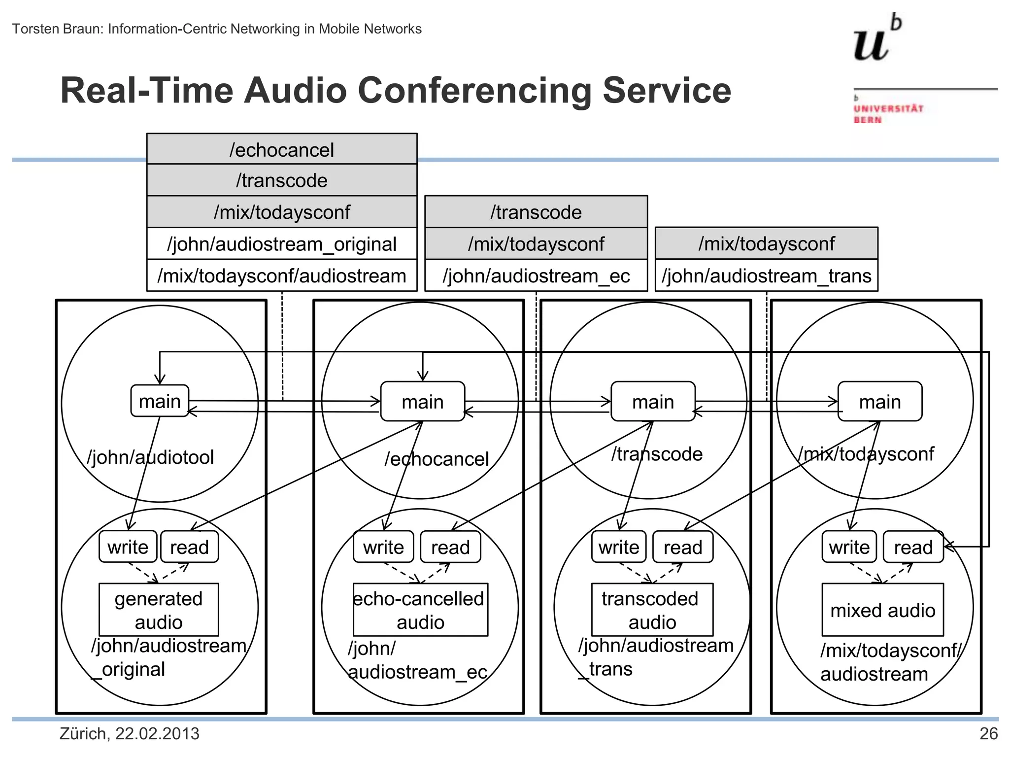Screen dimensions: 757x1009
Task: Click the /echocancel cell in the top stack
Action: pyautogui.click(x=282, y=149)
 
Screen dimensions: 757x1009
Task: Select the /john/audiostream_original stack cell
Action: pyautogui.click(x=282, y=244)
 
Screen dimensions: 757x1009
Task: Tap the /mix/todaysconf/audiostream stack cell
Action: pyautogui.click(x=282, y=276)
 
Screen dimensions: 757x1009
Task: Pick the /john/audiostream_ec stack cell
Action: pyautogui.click(x=536, y=276)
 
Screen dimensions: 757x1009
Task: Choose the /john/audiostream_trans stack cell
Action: pyautogui.click(x=767, y=276)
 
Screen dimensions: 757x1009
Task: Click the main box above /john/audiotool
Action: pyautogui.click(x=160, y=401)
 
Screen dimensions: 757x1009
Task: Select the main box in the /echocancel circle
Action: pyautogui.click(x=423, y=402)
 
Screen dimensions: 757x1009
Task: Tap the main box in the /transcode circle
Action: pyautogui.click(x=653, y=402)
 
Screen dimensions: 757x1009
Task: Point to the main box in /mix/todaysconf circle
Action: pyautogui.click(x=880, y=402)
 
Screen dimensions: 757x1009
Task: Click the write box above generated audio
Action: pyautogui.click(x=128, y=547)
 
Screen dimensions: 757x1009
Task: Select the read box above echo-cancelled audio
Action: pyautogui.click(x=450, y=547)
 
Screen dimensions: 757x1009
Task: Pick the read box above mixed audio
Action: pyautogui.click(x=913, y=547)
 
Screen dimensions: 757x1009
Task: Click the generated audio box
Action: pyautogui.click(x=159, y=610)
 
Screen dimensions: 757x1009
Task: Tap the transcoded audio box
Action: pyautogui.click(x=652, y=610)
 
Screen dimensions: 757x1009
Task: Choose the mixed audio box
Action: pyautogui.click(x=882, y=610)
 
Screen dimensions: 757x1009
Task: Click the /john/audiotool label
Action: pyautogui.click(x=151, y=457)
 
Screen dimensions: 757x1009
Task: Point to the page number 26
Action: pyautogui.click(x=988, y=734)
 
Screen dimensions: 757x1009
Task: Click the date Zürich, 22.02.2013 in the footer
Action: pyautogui.click(x=130, y=734)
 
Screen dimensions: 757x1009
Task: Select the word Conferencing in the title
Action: pyautogui.click(x=474, y=91)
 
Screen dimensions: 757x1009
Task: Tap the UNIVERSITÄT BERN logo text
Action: pyautogui.click(x=888, y=114)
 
